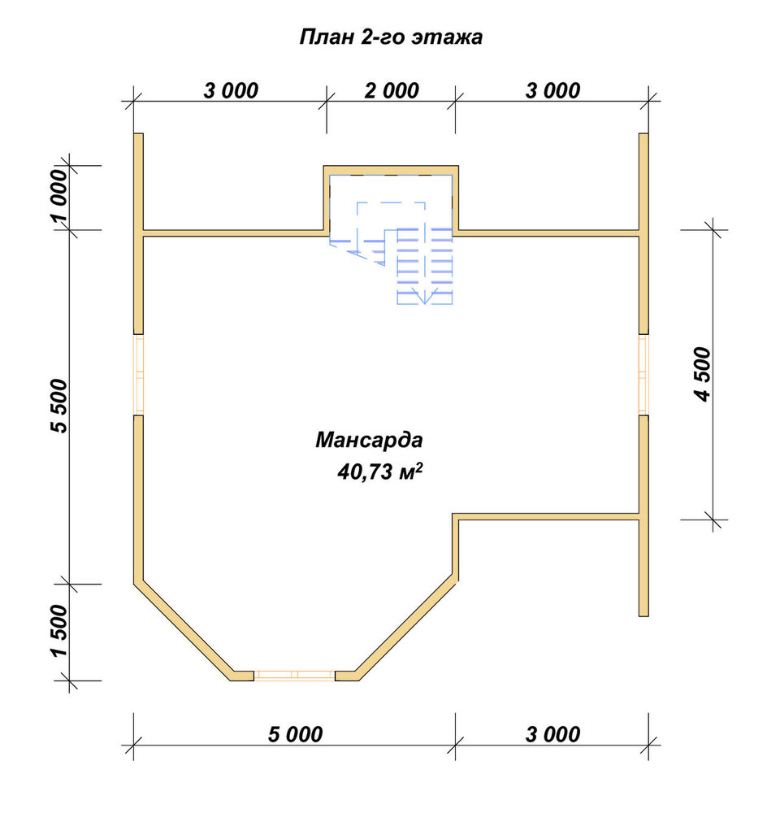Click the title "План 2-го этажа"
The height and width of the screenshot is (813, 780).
pos(391,37)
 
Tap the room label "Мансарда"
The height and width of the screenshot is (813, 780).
pos(369,440)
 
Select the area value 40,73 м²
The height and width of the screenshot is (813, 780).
pos(380,472)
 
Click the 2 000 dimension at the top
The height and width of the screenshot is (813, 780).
pos(392,91)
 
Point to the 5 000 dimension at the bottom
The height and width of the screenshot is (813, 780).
pos(295,734)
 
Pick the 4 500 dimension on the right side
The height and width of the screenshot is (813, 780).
pos(702,374)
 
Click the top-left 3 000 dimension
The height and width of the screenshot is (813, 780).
pos(231,91)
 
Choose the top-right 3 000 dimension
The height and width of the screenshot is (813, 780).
pos(552,91)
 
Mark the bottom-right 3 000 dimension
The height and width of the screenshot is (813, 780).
pos(552,734)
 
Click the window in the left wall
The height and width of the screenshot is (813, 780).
pos(138,374)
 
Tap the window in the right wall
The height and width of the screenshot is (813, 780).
pos(643,374)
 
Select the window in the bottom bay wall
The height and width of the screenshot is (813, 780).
pos(294,675)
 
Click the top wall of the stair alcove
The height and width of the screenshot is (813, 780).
pos(391,170)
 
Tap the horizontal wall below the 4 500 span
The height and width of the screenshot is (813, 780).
pos(546,516)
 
